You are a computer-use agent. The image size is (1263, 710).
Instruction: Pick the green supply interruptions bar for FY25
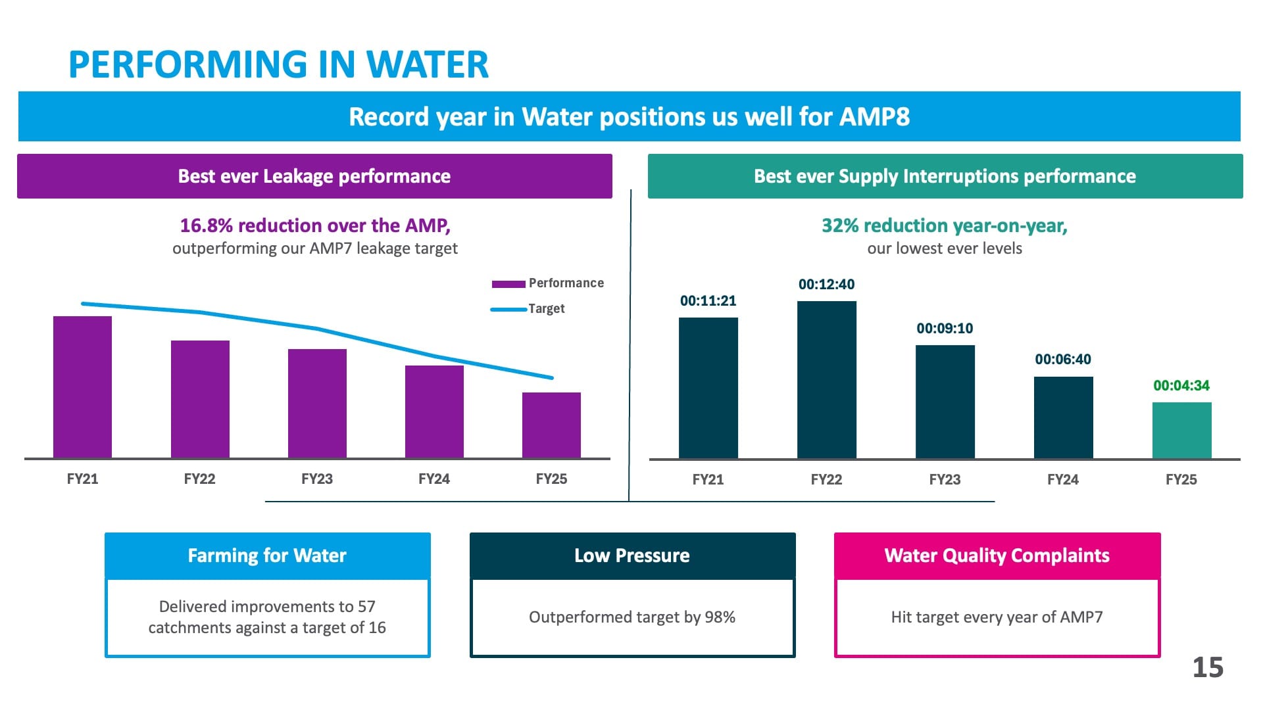[x=1181, y=430]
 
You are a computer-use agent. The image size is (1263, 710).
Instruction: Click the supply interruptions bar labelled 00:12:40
[x=826, y=379]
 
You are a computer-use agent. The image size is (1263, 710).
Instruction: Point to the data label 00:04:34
[x=1181, y=386]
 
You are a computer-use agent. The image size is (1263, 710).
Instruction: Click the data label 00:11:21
[x=708, y=301]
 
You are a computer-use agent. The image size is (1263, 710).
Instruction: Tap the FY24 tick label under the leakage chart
[x=434, y=479]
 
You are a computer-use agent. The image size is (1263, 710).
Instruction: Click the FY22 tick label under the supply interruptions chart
[x=826, y=480]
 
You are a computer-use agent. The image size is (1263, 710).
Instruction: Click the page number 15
[x=1208, y=668]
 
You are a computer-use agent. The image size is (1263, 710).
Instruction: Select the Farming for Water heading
[x=267, y=556]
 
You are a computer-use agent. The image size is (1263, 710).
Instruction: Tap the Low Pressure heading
[x=632, y=556]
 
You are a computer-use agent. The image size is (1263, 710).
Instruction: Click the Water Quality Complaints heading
[x=997, y=556]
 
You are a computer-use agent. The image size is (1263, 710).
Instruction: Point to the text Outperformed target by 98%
[x=632, y=617]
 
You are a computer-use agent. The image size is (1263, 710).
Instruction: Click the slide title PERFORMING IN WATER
[x=278, y=65]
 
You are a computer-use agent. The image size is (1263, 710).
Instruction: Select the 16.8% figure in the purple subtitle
[x=207, y=225]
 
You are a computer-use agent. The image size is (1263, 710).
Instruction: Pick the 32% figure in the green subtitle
[x=840, y=225]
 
